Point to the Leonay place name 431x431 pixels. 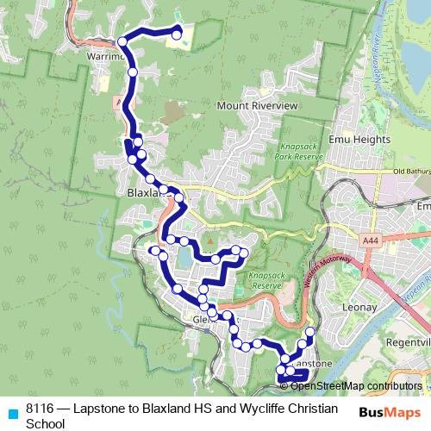click(359, 306)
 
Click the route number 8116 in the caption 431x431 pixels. click(40, 409)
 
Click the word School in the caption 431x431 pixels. click(45, 423)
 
